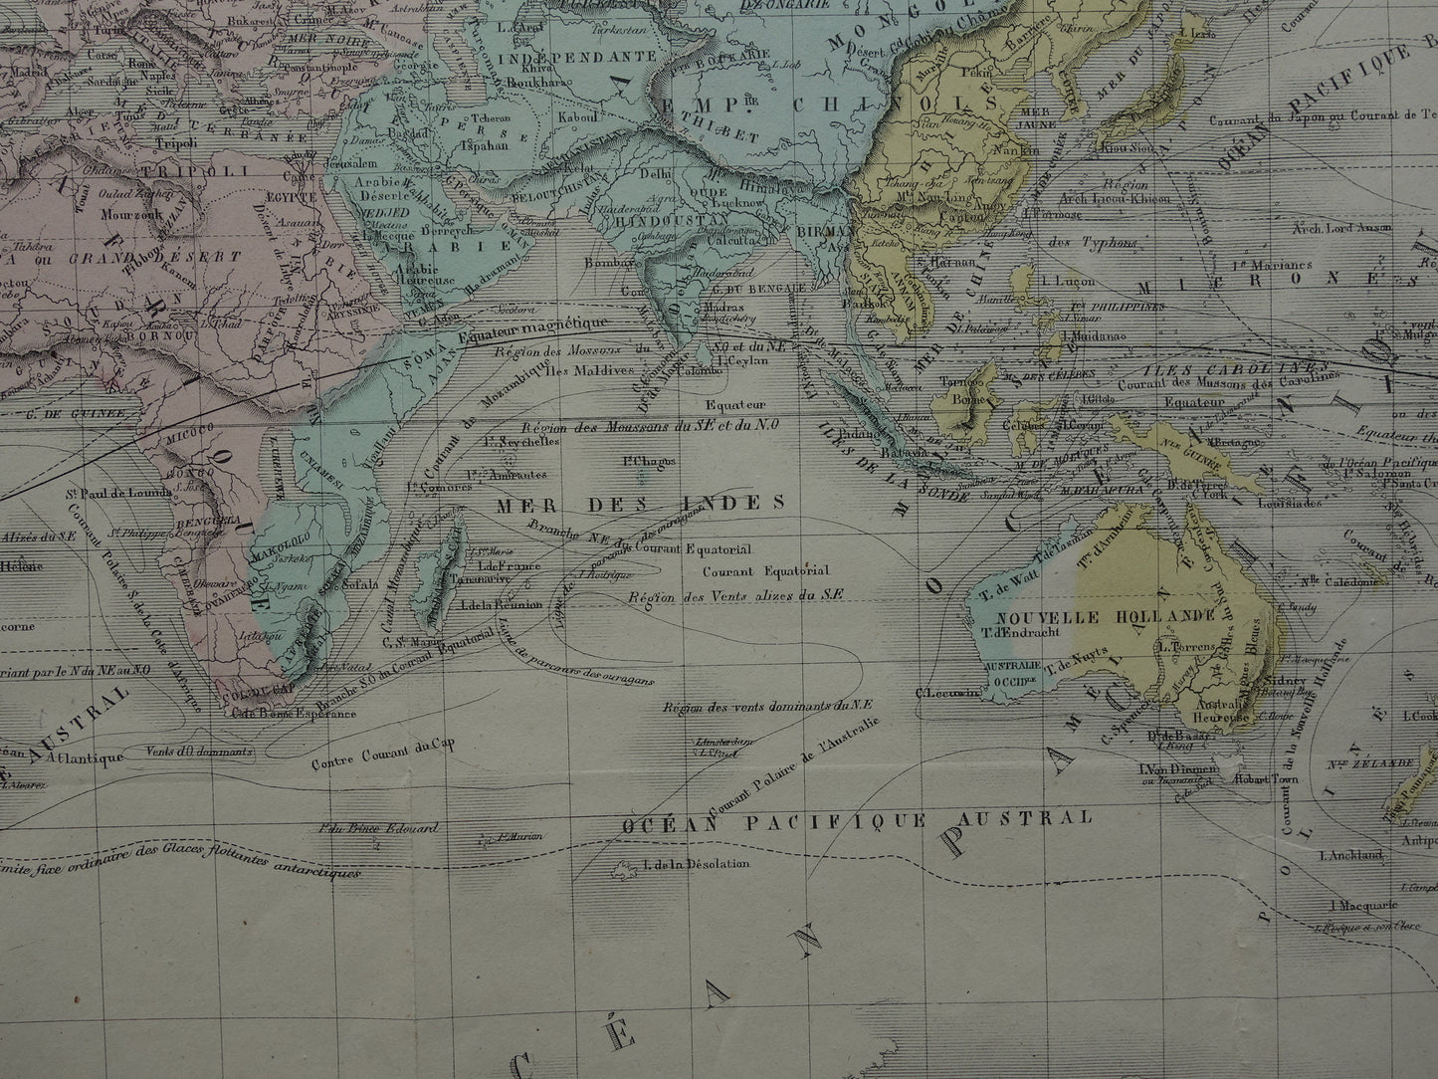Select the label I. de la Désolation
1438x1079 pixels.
[x=696, y=863]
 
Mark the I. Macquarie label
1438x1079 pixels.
[x=1362, y=906]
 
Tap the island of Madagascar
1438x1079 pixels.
[x=438, y=572]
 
